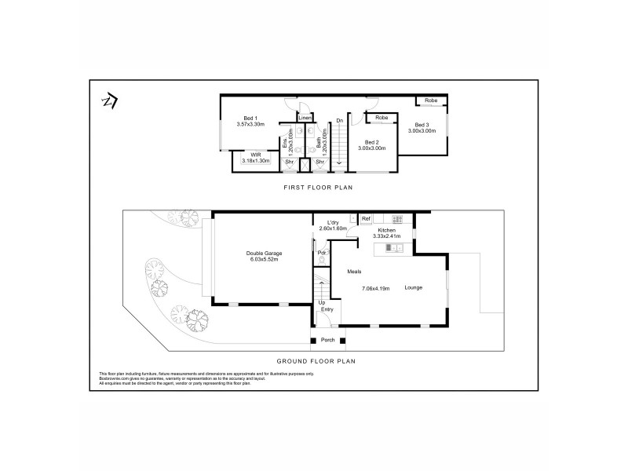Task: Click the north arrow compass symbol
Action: pos(110,102)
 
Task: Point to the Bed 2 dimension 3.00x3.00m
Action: pos(372,148)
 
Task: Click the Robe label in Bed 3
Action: pos(431,100)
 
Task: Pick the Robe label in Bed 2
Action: pos(381,118)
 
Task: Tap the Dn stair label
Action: pos(339,120)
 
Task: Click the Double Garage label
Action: pos(264,254)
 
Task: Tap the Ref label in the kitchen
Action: pos(366,219)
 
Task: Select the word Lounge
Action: pos(414,287)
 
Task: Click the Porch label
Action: pos(327,340)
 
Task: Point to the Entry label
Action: pos(327,310)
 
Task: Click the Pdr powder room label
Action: pos(321,253)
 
